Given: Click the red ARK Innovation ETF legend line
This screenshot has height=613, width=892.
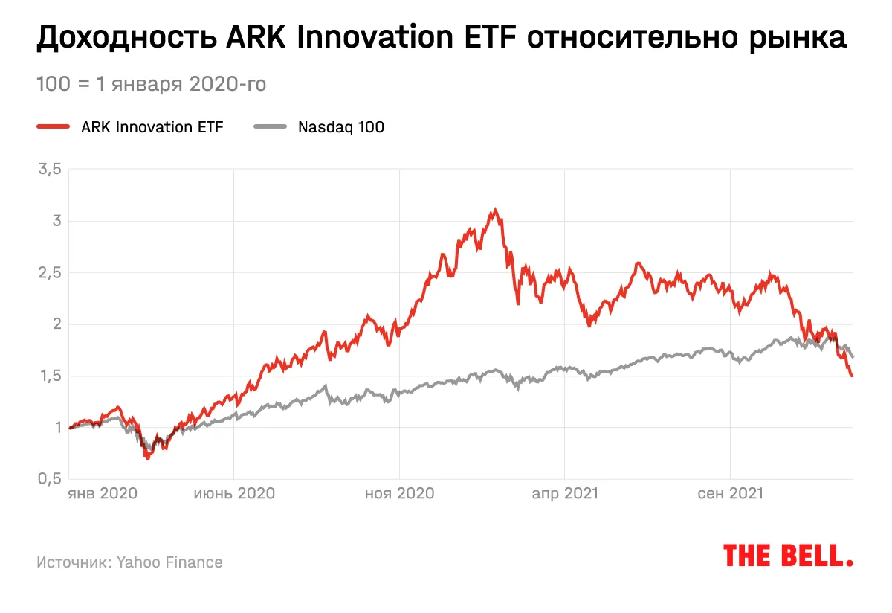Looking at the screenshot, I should pos(53,126).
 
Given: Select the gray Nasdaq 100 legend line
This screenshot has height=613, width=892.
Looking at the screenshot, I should pos(270,126).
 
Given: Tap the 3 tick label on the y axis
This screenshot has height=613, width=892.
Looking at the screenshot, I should pos(55,221).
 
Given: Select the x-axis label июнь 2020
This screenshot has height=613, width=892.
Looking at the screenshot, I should pos(234,493).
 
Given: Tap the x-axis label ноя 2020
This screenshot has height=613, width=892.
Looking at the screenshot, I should pos(399,493).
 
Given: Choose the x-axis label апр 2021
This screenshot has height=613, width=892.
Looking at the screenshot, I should pos(564,493).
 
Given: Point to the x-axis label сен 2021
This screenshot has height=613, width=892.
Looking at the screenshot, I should pos(730,493).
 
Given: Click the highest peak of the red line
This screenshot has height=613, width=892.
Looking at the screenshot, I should pos(494,211).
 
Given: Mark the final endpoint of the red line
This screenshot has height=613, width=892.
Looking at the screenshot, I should pos(852,376).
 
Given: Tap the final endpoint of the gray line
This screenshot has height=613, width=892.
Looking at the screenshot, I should pos(852,356).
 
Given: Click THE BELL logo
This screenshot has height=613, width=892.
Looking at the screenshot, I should pos(788,556).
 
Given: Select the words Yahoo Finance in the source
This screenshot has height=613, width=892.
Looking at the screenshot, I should pos(169,562).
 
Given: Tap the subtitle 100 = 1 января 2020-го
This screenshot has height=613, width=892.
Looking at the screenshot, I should pos(151,84).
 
